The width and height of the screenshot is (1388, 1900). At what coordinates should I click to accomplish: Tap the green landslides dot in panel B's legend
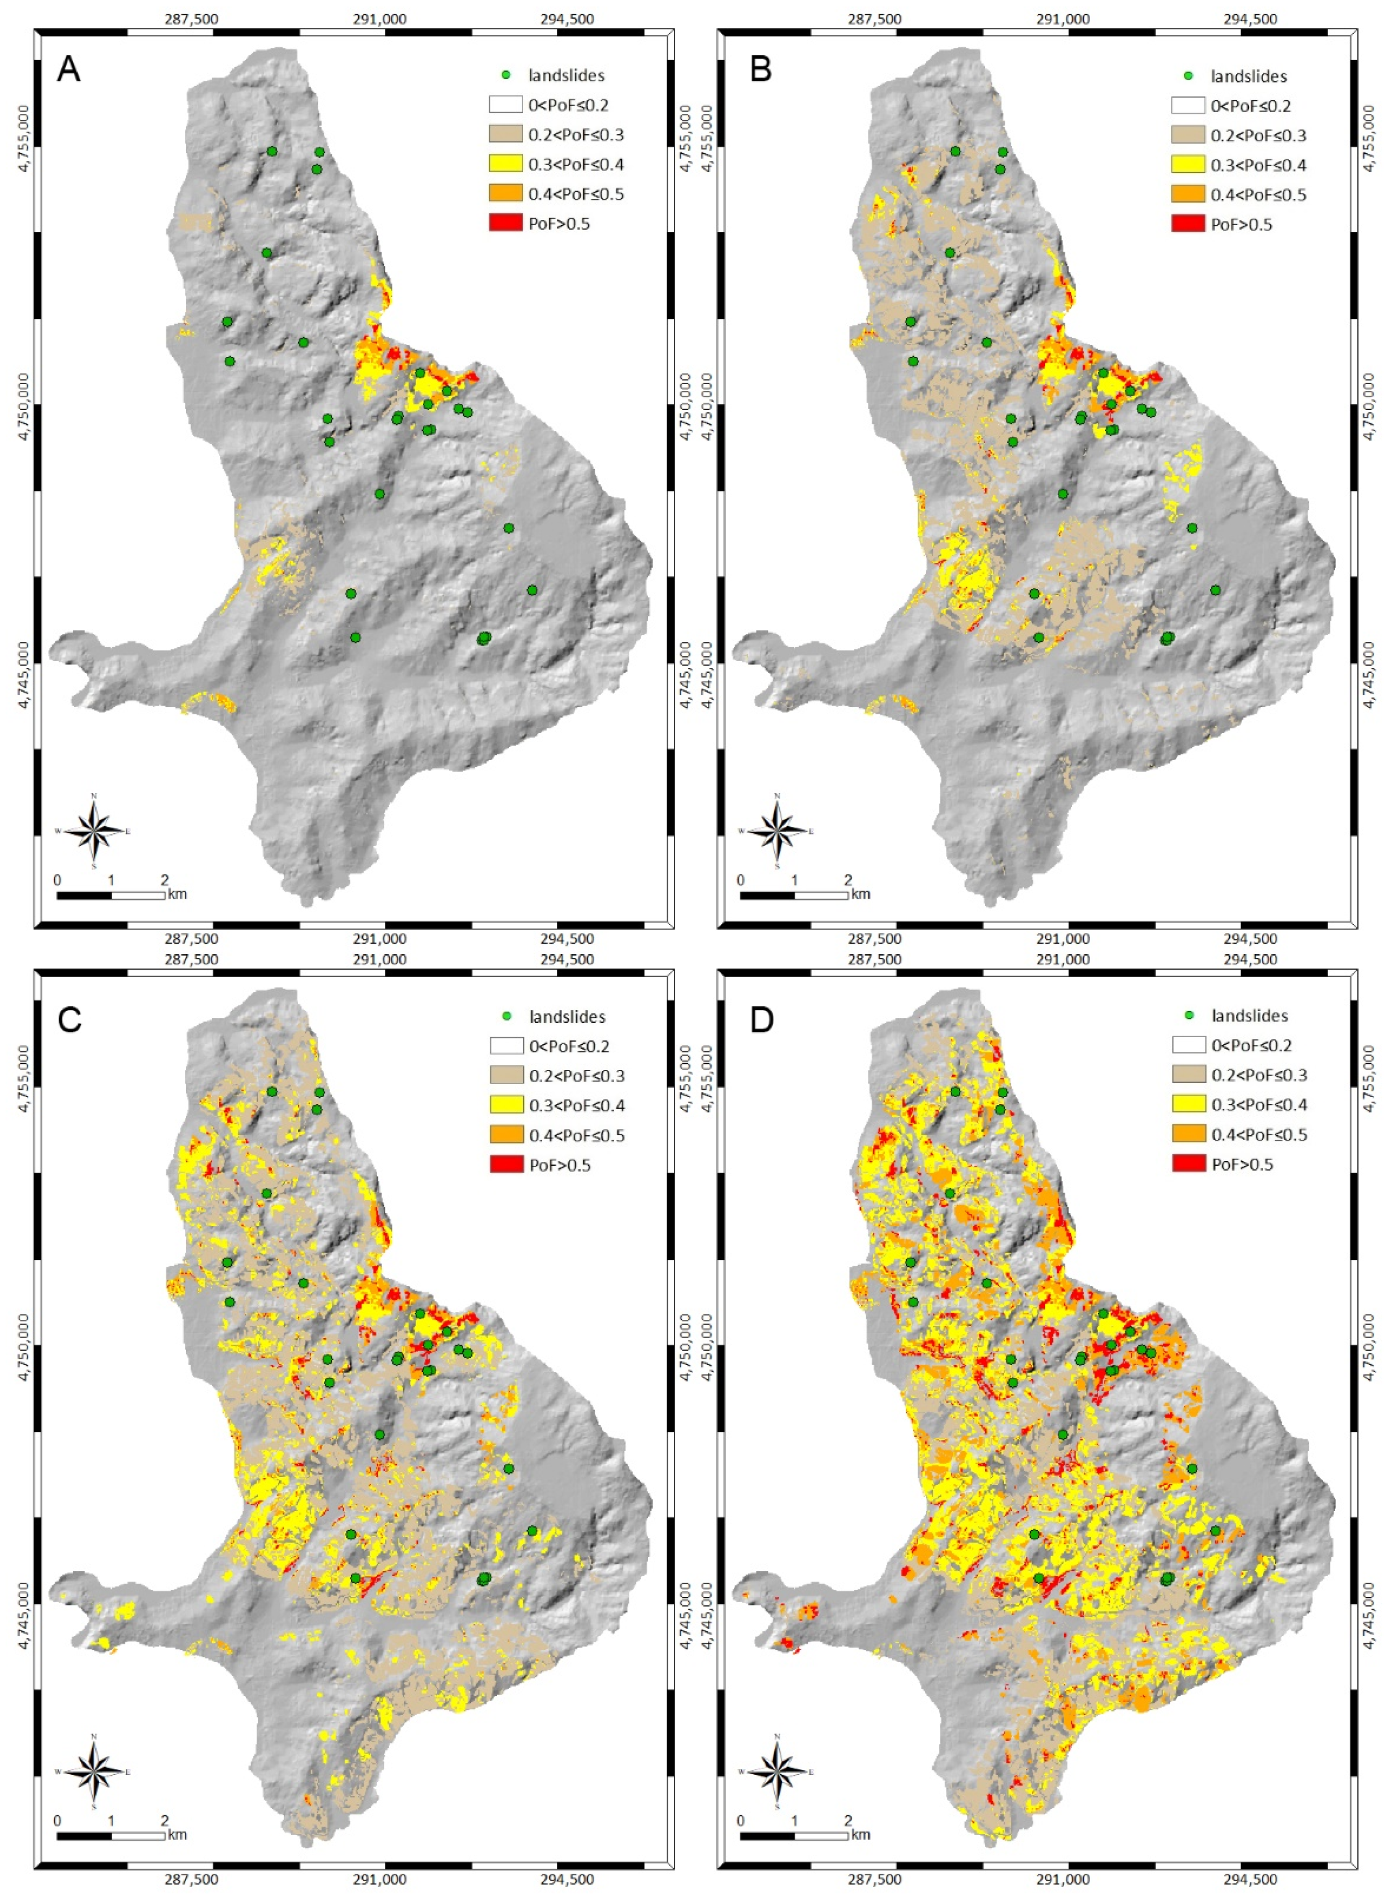pos(1188,76)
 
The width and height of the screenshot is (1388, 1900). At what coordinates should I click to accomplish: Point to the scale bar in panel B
pos(794,896)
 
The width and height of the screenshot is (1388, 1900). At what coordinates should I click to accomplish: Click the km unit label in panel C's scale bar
pos(177,1834)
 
